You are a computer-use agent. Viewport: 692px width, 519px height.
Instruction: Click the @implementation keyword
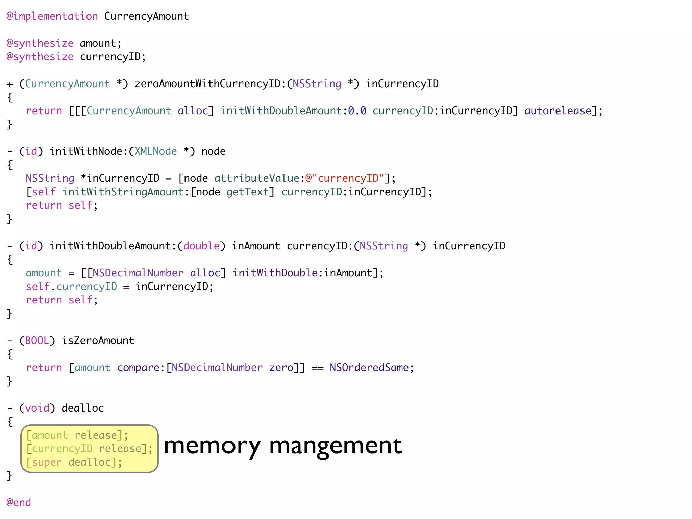[x=52, y=16]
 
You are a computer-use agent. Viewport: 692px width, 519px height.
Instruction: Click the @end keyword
[x=19, y=502]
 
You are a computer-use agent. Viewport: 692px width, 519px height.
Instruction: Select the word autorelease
[x=558, y=111]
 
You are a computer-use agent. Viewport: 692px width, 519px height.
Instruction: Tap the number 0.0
[x=357, y=111]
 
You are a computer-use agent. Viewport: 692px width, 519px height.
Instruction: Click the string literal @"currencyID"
[x=345, y=178]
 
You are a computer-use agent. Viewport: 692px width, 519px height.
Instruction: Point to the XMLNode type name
[x=156, y=151]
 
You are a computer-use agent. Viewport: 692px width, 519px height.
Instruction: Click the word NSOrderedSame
[x=369, y=368]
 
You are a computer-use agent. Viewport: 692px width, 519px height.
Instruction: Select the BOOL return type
[x=37, y=341]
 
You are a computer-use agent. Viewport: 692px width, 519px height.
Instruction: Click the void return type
[x=37, y=408]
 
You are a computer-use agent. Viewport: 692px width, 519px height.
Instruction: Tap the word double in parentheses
[x=201, y=246]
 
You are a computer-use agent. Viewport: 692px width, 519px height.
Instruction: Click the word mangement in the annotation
[x=335, y=446]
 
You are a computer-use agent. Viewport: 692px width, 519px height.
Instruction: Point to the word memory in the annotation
[x=212, y=446]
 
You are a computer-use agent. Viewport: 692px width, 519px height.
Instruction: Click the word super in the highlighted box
[x=47, y=462]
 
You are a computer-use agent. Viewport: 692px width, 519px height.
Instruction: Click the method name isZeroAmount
[x=98, y=341]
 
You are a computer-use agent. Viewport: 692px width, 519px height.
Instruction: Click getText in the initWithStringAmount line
[x=247, y=192]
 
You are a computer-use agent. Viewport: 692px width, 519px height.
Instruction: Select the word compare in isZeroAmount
[x=138, y=368]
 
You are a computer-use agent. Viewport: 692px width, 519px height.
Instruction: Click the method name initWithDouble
[x=275, y=273]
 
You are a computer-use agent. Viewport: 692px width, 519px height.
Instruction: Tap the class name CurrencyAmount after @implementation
[x=146, y=16]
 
